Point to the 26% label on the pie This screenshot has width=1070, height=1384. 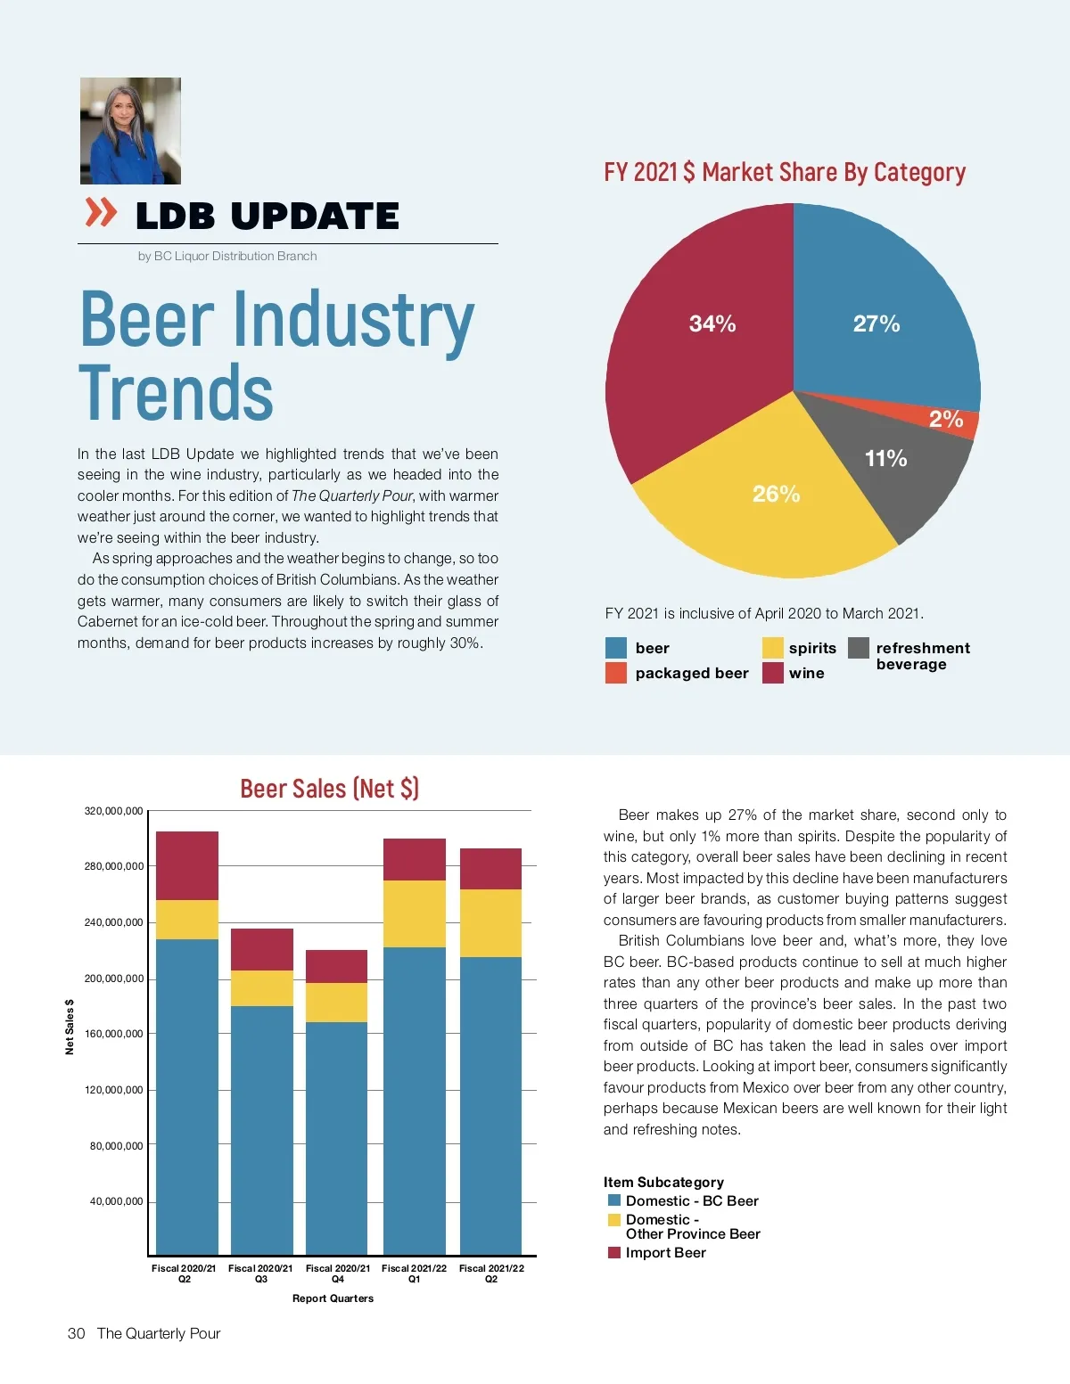pyautogui.click(x=776, y=494)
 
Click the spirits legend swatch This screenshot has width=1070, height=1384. pyautogui.click(x=772, y=648)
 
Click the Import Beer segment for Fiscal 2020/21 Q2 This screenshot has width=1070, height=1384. pyautogui.click(x=187, y=865)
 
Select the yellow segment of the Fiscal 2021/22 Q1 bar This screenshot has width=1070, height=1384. pyautogui.click(x=415, y=913)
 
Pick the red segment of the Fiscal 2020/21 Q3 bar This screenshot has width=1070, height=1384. pyautogui.click(x=262, y=949)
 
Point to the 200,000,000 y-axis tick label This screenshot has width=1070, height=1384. pyautogui.click(x=113, y=979)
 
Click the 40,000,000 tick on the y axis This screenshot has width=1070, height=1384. pyautogui.click(x=116, y=1201)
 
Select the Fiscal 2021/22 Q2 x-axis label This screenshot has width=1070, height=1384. pyautogui.click(x=491, y=1273)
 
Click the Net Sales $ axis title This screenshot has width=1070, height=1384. pyautogui.click(x=70, y=1027)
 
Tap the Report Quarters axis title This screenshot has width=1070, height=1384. pyautogui.click(x=333, y=1298)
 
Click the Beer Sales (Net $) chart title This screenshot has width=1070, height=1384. pyautogui.click(x=329, y=789)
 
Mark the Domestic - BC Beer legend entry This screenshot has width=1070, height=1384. pyautogui.click(x=691, y=1200)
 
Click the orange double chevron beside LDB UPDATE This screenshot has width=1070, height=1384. pyautogui.click(x=101, y=213)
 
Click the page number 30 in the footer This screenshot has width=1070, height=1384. pyautogui.click(x=77, y=1333)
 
